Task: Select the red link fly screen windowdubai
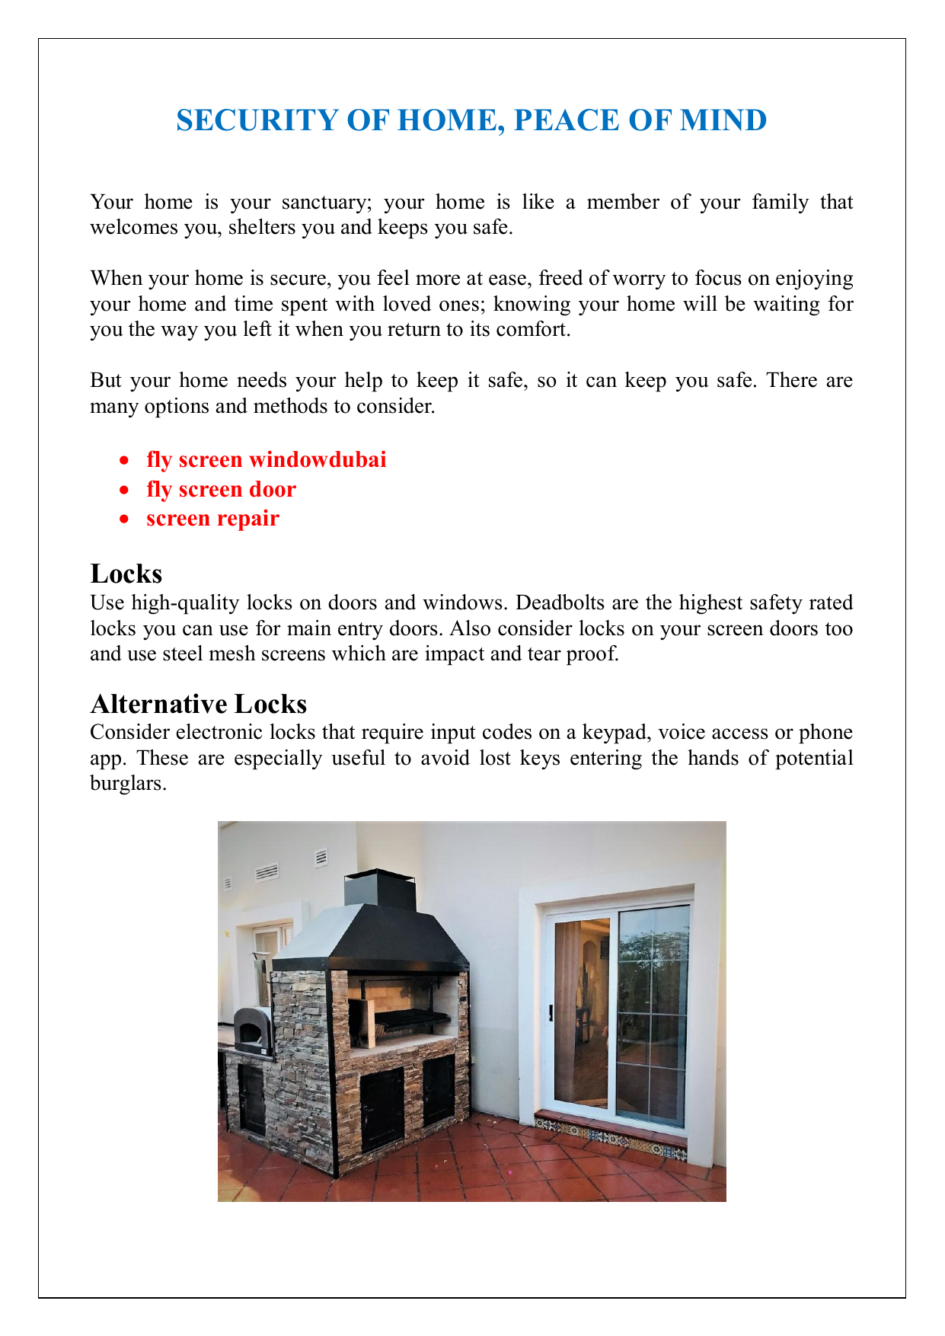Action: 267,460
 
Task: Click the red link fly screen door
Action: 221,489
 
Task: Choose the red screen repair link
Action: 212,519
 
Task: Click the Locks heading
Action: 126,574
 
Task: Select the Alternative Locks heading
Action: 198,703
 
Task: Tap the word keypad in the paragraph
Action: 615,733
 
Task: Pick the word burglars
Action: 128,783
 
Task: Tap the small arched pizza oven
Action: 251,1032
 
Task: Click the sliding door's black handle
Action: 551,1012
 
